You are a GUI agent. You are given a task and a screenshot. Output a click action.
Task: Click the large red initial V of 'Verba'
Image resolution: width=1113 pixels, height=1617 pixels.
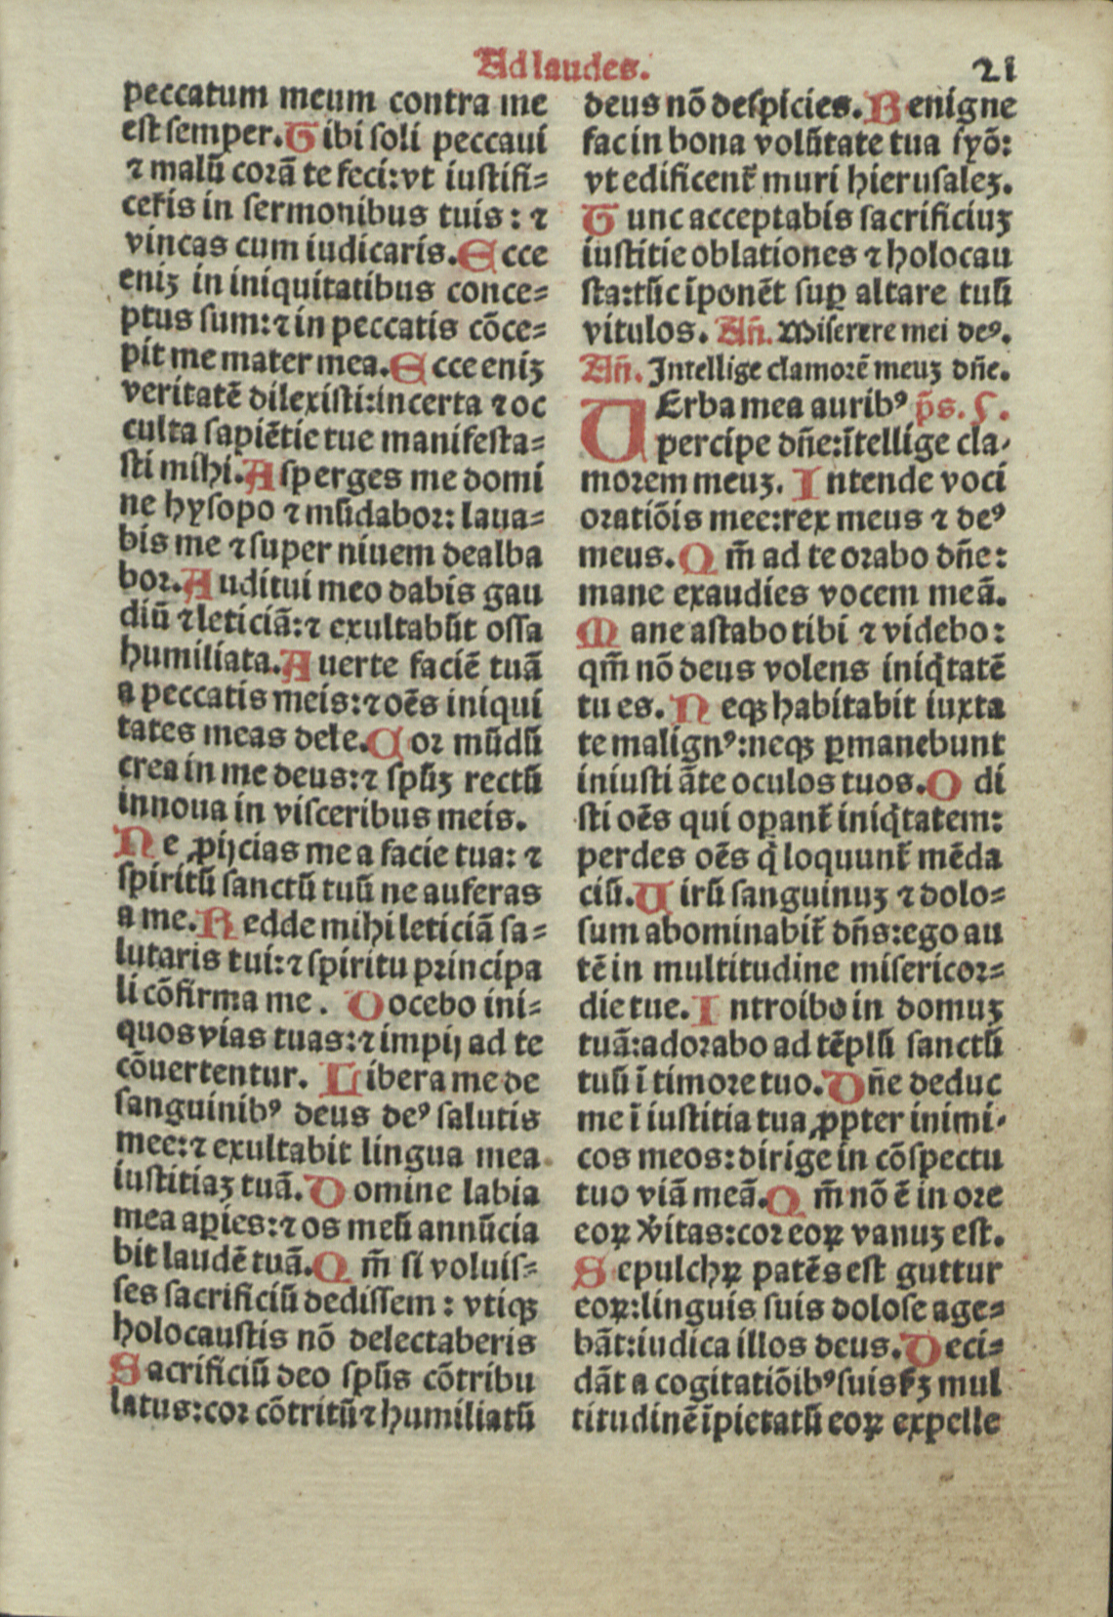pos(612,430)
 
